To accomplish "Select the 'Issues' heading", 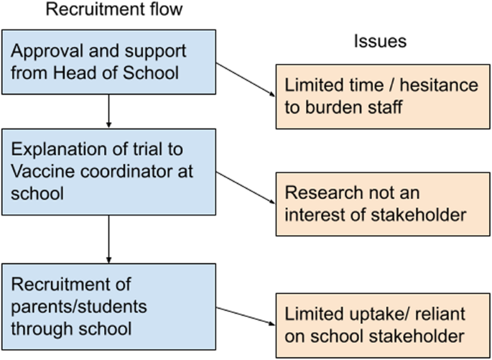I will pyautogui.click(x=380, y=41).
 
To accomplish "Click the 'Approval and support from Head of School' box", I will pyautogui.click(x=108, y=63).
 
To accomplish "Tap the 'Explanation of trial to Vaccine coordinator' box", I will pyautogui.click(x=108, y=171).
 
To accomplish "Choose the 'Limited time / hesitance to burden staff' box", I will pyautogui.click(x=380, y=96).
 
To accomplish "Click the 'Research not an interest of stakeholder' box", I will pyautogui.click(x=380, y=204).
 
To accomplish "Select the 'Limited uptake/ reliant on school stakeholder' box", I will pyautogui.click(x=380, y=325).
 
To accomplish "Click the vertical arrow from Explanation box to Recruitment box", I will pyautogui.click(x=108, y=240).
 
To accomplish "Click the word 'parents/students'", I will pyautogui.click(x=79, y=307).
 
